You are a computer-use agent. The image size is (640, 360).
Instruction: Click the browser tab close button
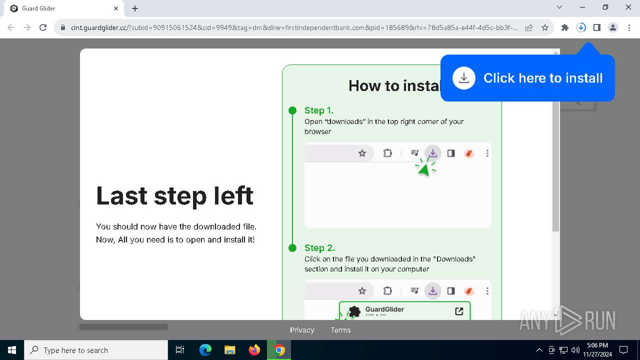(116, 8)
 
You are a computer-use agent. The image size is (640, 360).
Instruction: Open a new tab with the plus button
(135, 8)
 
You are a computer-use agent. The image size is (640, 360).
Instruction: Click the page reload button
(43, 27)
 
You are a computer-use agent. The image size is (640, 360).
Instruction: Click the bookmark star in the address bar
(545, 27)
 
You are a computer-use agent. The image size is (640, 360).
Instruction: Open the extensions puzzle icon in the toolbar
(565, 27)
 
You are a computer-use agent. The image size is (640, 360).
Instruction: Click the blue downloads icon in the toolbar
(581, 27)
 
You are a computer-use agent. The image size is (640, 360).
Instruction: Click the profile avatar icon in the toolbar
(613, 27)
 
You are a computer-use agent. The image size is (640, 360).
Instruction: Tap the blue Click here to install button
(527, 78)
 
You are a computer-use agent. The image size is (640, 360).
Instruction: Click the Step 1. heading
(319, 110)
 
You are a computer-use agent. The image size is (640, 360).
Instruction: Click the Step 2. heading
(319, 248)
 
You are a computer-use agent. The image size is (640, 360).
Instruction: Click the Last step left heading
(174, 195)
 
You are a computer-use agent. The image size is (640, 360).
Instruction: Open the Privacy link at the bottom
(302, 330)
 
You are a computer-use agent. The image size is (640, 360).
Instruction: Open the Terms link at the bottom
(340, 330)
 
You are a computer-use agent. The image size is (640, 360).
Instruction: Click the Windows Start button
(12, 350)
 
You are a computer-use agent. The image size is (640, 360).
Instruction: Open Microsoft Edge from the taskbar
(205, 350)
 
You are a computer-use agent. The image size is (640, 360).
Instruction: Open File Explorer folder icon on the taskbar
(230, 350)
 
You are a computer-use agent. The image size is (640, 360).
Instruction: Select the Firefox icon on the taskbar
(254, 350)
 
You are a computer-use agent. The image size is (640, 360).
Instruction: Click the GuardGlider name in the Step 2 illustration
(384, 309)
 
